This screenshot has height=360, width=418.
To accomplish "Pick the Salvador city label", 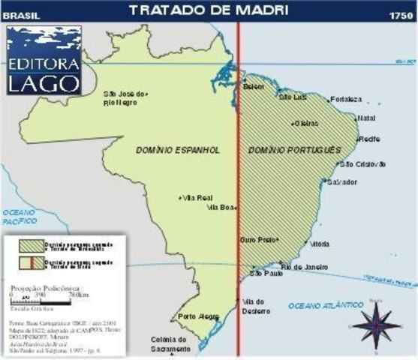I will point(342,181).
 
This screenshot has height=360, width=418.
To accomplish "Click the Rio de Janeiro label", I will point(301,266).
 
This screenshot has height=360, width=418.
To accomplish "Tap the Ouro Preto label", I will point(257,239).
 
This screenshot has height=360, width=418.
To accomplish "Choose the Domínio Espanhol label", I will point(179,150).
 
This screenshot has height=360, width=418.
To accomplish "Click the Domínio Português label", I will point(293,150).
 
